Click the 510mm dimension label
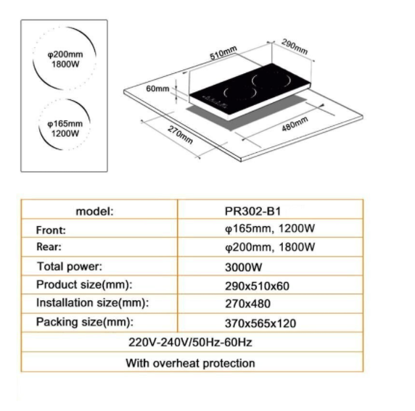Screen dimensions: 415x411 223,53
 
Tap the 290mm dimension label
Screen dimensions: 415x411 295,47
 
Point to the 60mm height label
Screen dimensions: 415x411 157,88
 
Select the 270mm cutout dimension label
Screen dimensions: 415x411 180,135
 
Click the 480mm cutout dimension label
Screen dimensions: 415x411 295,124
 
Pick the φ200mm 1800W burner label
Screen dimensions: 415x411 65,59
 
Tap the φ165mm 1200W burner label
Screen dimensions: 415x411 65,128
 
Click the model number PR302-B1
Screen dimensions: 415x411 252,212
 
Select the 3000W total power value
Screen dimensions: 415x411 244,267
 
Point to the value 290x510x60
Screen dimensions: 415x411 257,286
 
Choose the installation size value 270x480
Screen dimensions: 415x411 247,304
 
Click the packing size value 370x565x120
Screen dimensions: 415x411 260,323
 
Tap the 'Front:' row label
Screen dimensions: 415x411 51,230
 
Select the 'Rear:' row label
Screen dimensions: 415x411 49,246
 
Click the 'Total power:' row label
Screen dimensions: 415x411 70,266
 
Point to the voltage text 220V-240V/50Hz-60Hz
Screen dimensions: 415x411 190,342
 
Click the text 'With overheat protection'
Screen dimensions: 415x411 190,363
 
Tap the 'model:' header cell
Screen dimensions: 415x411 94,212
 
